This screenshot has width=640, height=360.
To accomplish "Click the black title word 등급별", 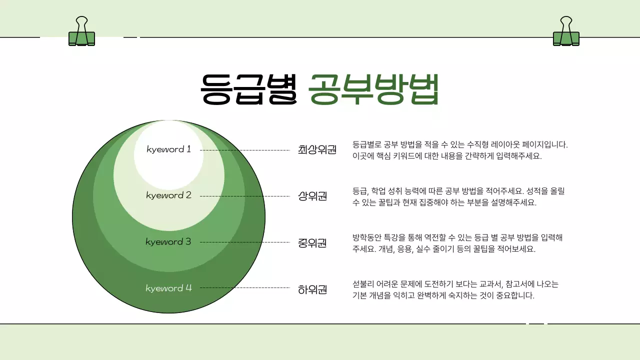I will [x=248, y=89].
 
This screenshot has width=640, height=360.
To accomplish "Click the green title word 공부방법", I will [x=373, y=89].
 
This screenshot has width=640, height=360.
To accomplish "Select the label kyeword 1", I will [x=169, y=149].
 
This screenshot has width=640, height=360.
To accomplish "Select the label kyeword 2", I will [x=169, y=195].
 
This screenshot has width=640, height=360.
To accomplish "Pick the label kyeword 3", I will [x=168, y=241].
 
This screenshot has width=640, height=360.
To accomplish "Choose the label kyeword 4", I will [x=169, y=288].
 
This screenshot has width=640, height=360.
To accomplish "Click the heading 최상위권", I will [x=317, y=149].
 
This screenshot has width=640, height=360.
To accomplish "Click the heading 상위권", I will [x=312, y=195].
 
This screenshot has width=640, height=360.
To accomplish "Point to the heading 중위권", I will [x=312, y=243].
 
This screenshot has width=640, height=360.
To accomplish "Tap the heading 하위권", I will [x=312, y=289].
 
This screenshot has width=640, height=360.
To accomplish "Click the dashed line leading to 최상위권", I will [x=245, y=150].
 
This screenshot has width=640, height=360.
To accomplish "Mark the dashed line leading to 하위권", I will [x=245, y=288].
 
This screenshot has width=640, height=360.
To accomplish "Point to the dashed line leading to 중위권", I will [x=245, y=242].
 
